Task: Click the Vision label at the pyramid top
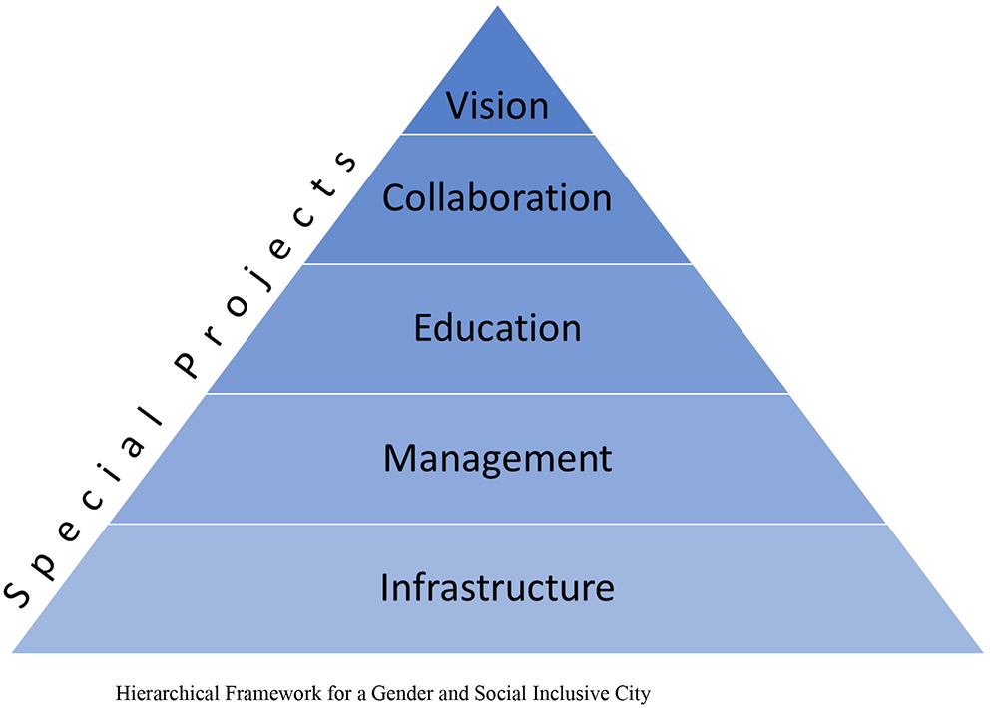[x=497, y=105]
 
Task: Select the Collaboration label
[x=497, y=197]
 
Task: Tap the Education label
[x=497, y=328]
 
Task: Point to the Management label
[x=497, y=458]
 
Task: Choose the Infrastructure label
[x=497, y=587]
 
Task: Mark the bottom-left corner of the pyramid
[x=13, y=652]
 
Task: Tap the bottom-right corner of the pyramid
[x=982, y=652]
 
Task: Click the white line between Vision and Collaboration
[x=497, y=134]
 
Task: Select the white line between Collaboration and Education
[x=497, y=264]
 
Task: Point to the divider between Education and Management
[x=497, y=393]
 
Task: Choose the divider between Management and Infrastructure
[x=497, y=524]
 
